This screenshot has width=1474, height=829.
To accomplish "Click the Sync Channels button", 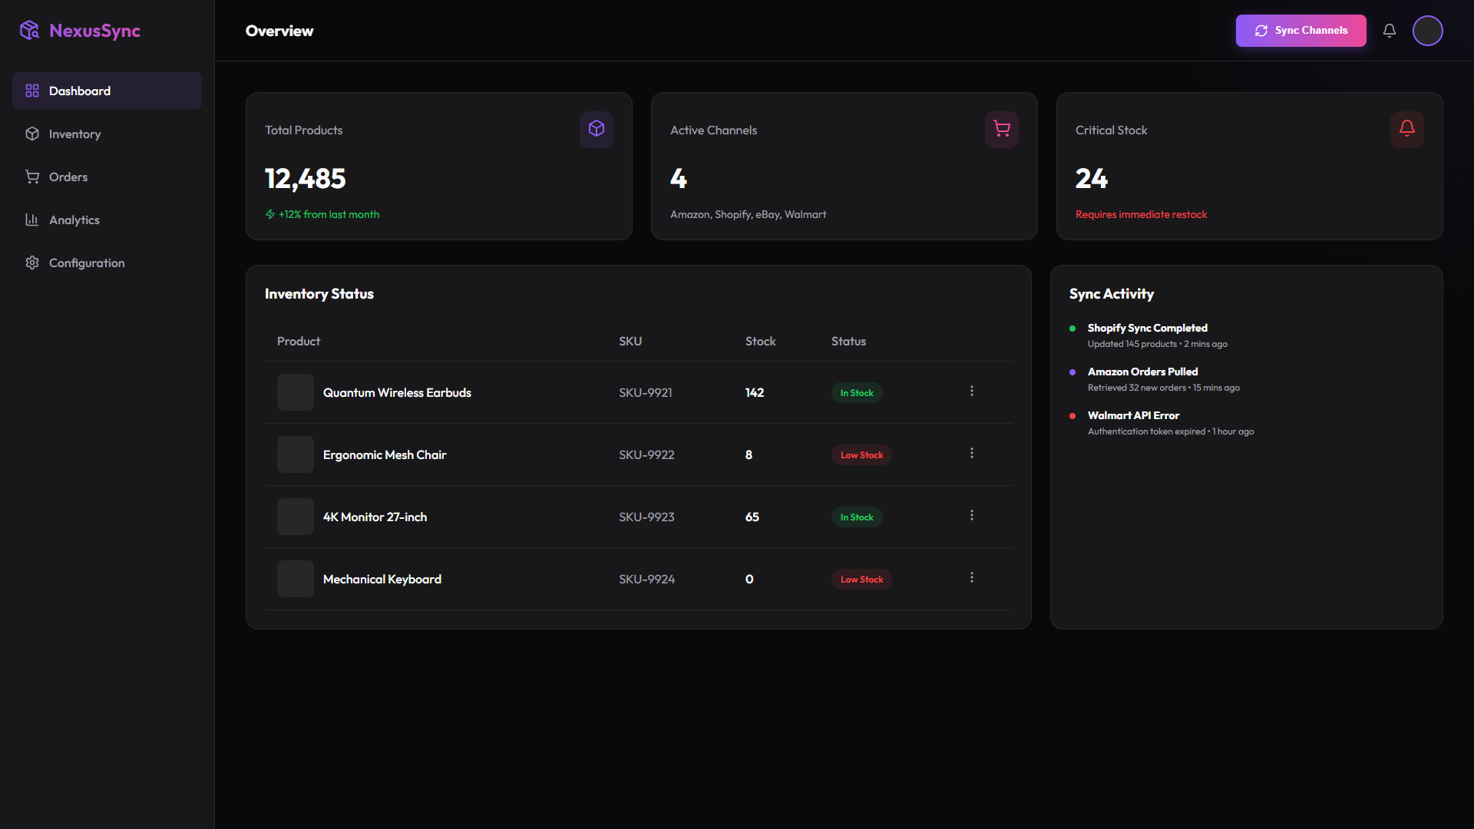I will (x=1300, y=31).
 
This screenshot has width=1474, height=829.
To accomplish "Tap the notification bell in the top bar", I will (x=1390, y=31).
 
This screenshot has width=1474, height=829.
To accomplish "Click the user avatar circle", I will (x=1428, y=31).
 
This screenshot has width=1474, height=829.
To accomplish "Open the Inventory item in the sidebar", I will (x=74, y=134).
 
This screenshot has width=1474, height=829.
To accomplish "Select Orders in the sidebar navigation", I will (x=68, y=177).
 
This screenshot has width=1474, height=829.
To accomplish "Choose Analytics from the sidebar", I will (x=74, y=220).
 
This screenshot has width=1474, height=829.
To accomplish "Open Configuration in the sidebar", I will (x=86, y=263).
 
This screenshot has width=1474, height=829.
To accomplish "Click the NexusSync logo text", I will (x=94, y=31).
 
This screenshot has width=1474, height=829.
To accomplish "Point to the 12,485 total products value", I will (x=306, y=179).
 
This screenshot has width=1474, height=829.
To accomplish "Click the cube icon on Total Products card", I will (x=597, y=129).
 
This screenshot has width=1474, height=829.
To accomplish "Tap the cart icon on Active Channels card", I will (x=1002, y=129).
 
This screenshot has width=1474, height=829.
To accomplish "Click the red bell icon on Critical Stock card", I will (x=1407, y=129).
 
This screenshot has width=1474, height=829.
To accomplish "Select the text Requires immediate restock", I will (x=1141, y=214).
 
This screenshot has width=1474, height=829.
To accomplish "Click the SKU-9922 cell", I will (x=646, y=454).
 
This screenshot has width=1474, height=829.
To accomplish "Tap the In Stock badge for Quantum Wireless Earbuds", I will (x=857, y=393).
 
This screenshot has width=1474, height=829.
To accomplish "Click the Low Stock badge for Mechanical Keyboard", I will (x=861, y=580).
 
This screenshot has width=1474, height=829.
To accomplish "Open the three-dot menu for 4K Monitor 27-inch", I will (x=972, y=515).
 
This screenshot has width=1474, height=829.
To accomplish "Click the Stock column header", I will (x=760, y=341).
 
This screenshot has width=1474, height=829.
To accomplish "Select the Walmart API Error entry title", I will (x=1133, y=415).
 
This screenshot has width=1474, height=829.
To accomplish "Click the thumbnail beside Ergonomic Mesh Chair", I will (x=296, y=454).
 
